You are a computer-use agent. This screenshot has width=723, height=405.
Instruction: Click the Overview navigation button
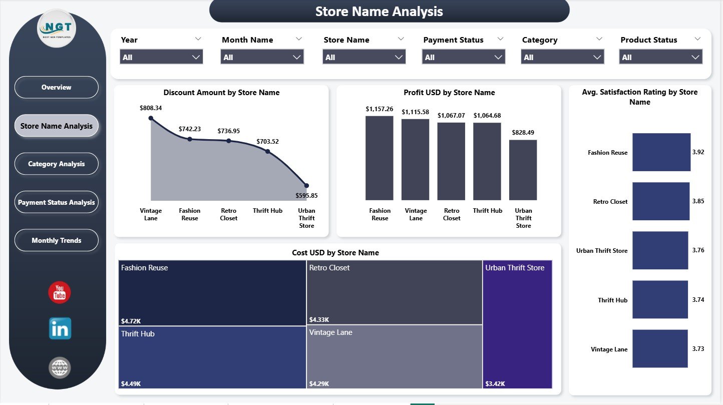[x=56, y=87]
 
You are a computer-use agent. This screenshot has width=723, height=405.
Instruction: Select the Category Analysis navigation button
[x=56, y=164]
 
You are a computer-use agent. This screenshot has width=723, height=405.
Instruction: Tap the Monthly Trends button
[x=56, y=240]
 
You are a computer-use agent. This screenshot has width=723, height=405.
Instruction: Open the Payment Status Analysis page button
[x=56, y=202]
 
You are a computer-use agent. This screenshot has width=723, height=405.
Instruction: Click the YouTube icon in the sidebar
[x=60, y=292]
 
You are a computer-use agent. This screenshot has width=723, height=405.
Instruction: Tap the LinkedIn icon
[x=60, y=329]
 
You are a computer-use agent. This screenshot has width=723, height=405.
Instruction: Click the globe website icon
[x=60, y=368]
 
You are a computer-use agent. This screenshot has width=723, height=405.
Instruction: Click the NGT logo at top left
[x=57, y=29]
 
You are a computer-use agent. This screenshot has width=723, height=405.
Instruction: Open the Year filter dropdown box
[x=161, y=57]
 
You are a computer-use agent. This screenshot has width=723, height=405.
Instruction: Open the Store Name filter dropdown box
[x=364, y=57]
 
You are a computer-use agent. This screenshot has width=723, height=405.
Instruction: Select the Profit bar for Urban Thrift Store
[x=523, y=170]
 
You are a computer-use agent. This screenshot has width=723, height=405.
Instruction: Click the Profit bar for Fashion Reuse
[x=380, y=158]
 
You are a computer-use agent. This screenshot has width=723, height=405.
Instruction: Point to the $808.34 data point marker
[x=151, y=118]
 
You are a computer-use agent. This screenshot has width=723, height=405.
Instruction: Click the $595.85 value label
[x=307, y=196]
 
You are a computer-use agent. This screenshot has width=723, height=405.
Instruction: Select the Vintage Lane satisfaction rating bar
[x=660, y=349]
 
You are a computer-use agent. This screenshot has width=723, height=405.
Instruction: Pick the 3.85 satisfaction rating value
[x=698, y=201]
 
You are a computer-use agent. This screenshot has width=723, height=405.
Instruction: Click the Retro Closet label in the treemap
[x=329, y=268]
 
